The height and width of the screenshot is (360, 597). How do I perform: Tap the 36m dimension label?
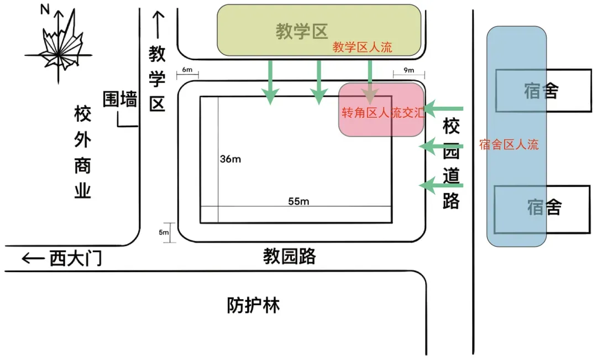(231, 159)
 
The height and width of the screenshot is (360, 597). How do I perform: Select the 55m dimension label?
(298, 201)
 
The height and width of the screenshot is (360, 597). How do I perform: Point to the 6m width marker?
(187, 71)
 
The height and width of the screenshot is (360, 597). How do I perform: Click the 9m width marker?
(409, 71)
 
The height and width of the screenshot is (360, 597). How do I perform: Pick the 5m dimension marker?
(164, 232)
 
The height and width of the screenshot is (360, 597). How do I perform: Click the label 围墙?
(120, 100)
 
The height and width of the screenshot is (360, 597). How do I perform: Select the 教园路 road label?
(289, 256)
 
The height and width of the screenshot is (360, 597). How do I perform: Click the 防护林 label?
(253, 305)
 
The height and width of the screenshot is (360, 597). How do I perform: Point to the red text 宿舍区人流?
(509, 145)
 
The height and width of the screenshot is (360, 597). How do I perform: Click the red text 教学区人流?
(362, 48)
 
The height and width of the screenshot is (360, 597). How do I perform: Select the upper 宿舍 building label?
(541, 91)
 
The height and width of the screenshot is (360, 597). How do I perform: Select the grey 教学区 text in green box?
(302, 32)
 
